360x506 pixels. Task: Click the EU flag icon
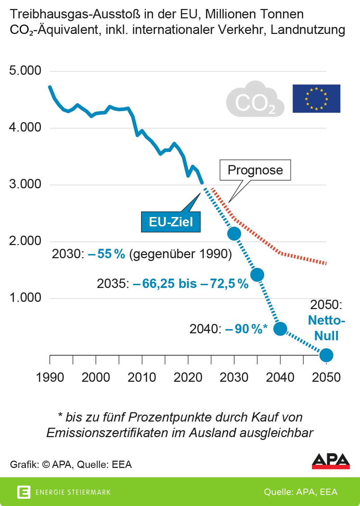(316, 99)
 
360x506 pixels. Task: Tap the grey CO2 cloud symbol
(255, 100)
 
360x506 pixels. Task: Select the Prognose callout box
(255, 170)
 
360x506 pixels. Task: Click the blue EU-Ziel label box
(171, 222)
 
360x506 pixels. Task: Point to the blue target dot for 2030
(234, 234)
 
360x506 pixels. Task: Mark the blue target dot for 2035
(257, 275)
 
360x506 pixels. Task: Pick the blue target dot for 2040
(280, 328)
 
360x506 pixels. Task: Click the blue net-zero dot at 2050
(326, 355)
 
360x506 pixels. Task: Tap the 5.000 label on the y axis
(25, 71)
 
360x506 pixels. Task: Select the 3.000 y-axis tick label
(25, 184)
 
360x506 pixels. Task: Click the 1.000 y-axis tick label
(25, 298)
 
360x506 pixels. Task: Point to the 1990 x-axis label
(50, 377)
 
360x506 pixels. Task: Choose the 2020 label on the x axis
(188, 377)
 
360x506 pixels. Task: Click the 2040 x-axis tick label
(280, 377)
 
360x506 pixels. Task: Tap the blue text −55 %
(107, 254)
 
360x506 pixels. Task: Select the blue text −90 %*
(246, 329)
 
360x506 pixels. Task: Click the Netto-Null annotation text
(326, 328)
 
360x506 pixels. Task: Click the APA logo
(331, 461)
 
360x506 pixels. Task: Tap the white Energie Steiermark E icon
(24, 492)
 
